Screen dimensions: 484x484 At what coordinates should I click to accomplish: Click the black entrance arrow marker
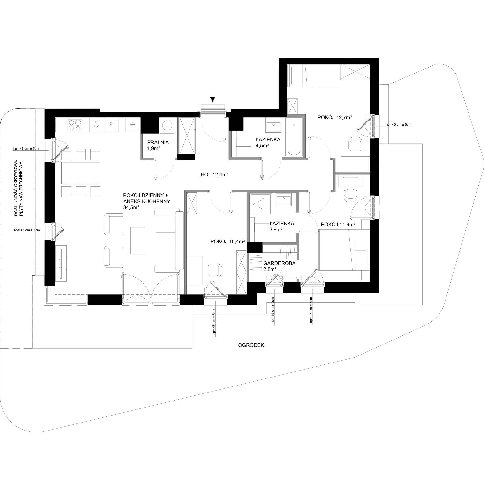click(213, 99)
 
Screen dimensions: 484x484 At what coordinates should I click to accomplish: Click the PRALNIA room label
click(158, 143)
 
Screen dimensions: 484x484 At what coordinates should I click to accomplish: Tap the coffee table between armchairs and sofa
click(137, 241)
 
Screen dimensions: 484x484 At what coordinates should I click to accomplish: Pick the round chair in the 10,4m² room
click(215, 270)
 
